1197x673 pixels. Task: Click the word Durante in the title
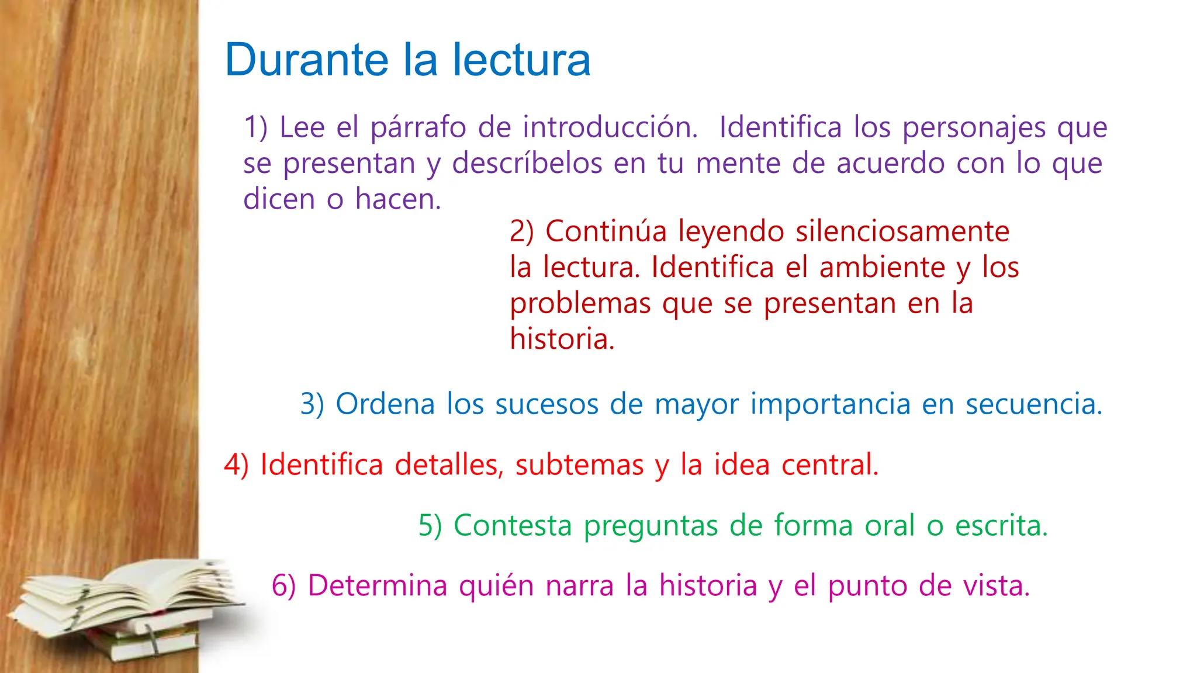(x=306, y=60)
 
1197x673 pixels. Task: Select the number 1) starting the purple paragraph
(x=255, y=127)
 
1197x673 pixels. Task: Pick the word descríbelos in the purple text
(x=527, y=163)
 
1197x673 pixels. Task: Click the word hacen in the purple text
(x=397, y=199)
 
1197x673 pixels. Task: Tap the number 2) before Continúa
(x=521, y=231)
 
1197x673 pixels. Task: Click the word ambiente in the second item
(x=882, y=268)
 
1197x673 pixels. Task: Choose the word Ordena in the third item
(x=385, y=404)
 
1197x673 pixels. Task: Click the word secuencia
(x=1033, y=404)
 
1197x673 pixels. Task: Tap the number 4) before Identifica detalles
(x=236, y=465)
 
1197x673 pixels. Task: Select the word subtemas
(x=579, y=465)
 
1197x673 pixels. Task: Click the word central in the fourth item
(x=829, y=465)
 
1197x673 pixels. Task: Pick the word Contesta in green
(x=513, y=525)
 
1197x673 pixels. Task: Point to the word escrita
(x=1001, y=525)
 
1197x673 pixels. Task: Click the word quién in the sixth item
(x=496, y=586)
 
